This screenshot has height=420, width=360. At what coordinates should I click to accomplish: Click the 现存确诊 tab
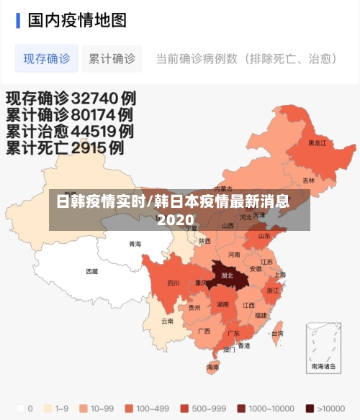click(x=47, y=58)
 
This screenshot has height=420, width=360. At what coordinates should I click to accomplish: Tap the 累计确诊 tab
click(x=112, y=58)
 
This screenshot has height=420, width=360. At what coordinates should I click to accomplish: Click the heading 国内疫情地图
click(x=77, y=19)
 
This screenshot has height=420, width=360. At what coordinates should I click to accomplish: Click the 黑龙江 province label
click(x=317, y=143)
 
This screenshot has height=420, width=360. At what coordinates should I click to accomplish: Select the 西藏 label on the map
click(x=92, y=271)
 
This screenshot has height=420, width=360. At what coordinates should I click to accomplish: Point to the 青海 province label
click(x=135, y=244)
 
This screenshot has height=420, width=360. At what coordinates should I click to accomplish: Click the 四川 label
click(x=173, y=283)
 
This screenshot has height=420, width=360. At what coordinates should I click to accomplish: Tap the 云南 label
click(x=167, y=321)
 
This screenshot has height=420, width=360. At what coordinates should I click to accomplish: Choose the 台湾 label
click(x=277, y=334)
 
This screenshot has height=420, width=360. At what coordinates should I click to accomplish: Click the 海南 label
click(x=212, y=367)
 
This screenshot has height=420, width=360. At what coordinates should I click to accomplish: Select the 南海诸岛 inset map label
click(x=323, y=367)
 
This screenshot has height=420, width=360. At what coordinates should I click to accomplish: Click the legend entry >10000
click(x=329, y=408)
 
